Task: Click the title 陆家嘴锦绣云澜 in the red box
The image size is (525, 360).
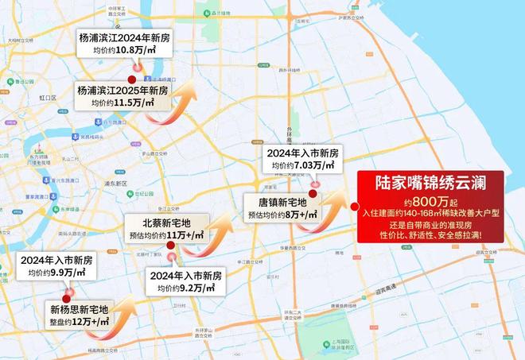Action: coord(430,183)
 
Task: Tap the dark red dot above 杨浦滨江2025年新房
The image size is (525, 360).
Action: coord(131,79)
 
